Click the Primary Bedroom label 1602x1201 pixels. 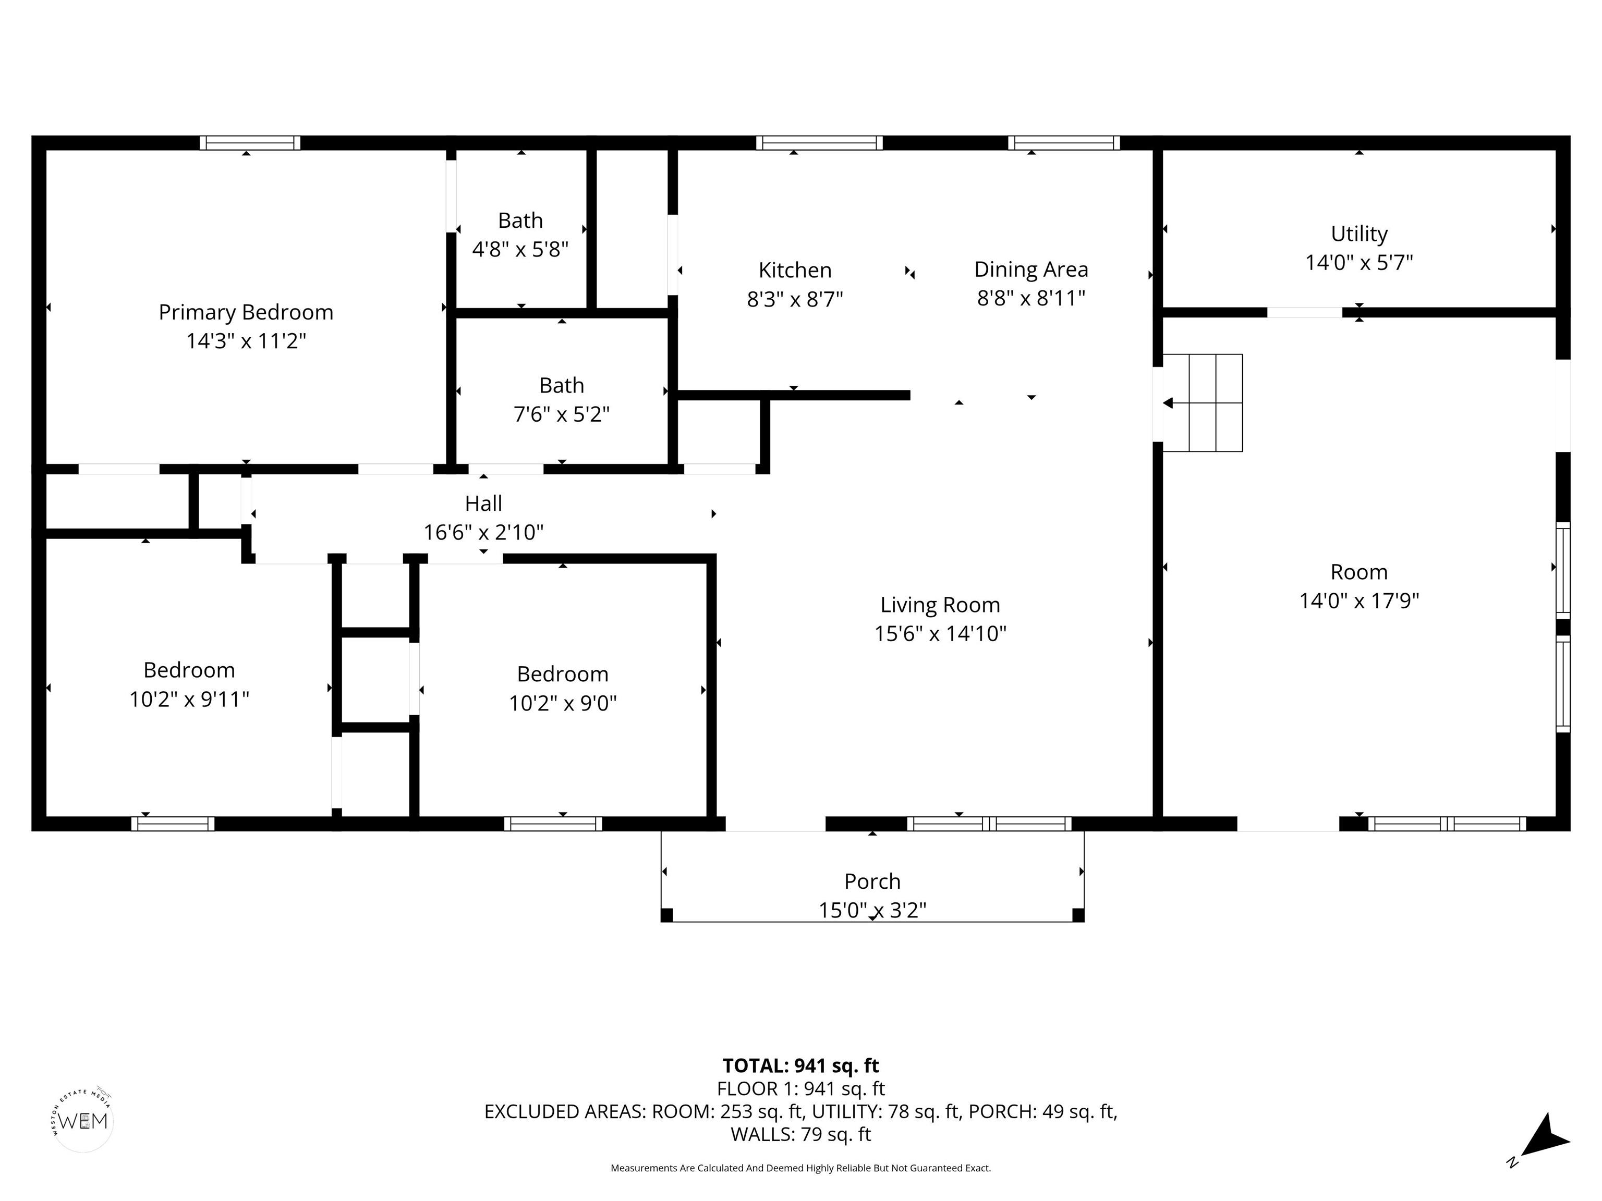pyautogui.click(x=246, y=312)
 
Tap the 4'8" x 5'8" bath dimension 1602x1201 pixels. pyautogui.click(x=520, y=249)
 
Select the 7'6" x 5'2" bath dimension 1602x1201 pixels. pyautogui.click(x=561, y=414)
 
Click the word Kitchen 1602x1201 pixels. pyautogui.click(x=795, y=270)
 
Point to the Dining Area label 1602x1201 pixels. pyautogui.click(x=1030, y=269)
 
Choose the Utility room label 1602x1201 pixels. pyautogui.click(x=1358, y=234)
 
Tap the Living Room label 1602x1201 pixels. pyautogui.click(x=940, y=605)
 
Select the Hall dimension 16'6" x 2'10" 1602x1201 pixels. pyautogui.click(x=483, y=532)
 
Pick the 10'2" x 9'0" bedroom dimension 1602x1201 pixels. pyautogui.click(x=563, y=703)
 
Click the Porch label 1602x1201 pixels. pyautogui.click(x=872, y=881)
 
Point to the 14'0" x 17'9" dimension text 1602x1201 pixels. pyautogui.click(x=1358, y=601)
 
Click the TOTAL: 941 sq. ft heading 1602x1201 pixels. pyautogui.click(x=800, y=1065)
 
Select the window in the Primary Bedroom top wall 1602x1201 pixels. pyautogui.click(x=250, y=143)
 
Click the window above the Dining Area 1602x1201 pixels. pyautogui.click(x=1064, y=143)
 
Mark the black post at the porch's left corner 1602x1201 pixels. pyautogui.click(x=667, y=914)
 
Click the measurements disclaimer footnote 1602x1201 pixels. pyautogui.click(x=800, y=1168)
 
